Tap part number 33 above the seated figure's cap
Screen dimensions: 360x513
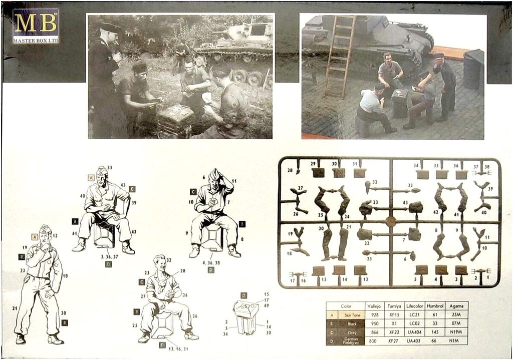(x=110, y=168)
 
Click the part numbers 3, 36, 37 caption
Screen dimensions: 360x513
(x=109, y=256)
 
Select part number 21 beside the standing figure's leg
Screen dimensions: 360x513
(x=15, y=308)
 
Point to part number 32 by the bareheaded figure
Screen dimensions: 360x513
(x=168, y=260)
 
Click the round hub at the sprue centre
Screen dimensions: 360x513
(x=391, y=221)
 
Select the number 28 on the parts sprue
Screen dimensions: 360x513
(x=290, y=170)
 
